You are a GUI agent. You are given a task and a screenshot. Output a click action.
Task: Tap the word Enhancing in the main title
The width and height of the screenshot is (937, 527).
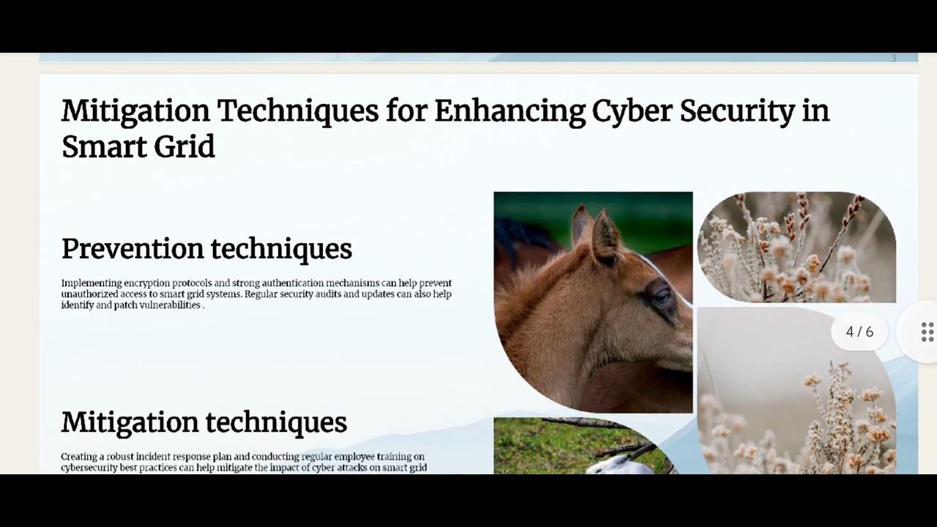(509, 111)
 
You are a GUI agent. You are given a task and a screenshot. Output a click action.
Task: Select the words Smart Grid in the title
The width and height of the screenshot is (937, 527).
(138, 146)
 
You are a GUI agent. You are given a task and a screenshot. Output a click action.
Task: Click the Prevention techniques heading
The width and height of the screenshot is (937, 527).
(206, 249)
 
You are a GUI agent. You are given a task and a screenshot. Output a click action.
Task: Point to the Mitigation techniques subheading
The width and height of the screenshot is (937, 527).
(204, 422)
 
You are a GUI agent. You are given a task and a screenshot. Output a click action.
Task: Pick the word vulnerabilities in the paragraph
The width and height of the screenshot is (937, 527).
(170, 305)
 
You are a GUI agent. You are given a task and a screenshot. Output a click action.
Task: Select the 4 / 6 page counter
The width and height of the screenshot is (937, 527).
(859, 332)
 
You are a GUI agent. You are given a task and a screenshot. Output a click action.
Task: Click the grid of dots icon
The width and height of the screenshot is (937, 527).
(927, 332)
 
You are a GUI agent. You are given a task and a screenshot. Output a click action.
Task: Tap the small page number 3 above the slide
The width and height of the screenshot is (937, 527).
(893, 58)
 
